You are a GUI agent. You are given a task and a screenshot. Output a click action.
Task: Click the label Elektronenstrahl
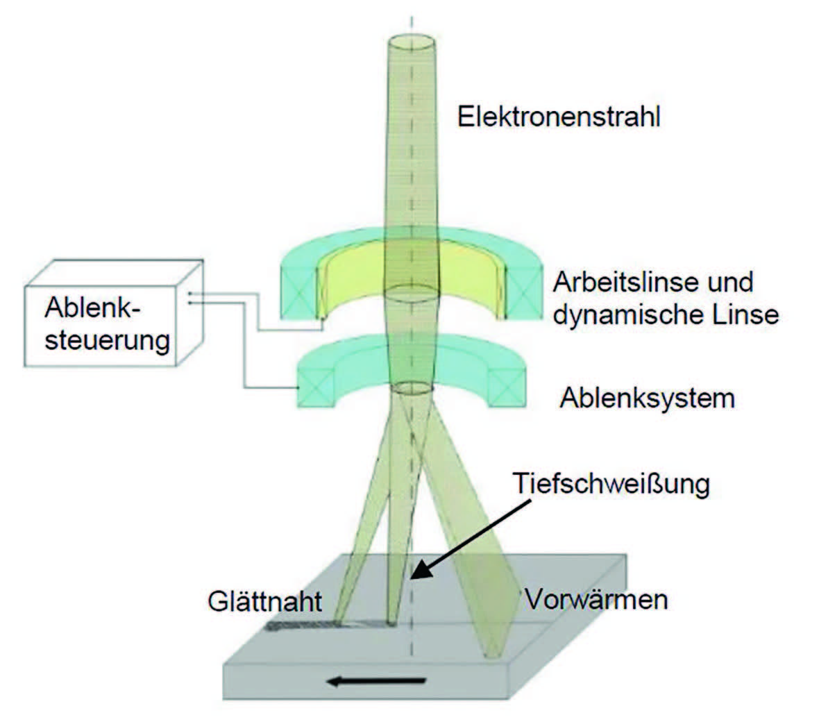click(x=559, y=117)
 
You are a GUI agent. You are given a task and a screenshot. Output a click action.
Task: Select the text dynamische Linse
click(x=666, y=315)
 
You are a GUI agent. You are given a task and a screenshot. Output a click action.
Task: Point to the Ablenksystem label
click(x=648, y=398)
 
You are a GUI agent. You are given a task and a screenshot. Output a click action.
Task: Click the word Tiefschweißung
click(x=611, y=483)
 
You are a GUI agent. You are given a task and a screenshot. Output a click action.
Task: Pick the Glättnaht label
click(x=265, y=601)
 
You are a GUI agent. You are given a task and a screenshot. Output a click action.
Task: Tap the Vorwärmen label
click(x=596, y=599)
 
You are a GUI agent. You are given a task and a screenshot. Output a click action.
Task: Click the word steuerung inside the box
click(x=107, y=341)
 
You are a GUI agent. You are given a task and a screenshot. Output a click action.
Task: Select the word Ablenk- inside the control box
click(x=92, y=307)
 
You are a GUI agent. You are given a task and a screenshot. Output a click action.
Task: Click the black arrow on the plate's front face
click(x=376, y=681)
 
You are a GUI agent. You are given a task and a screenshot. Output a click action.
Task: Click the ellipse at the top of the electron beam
click(x=412, y=42)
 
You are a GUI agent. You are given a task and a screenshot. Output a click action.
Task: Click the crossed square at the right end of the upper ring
click(x=524, y=292)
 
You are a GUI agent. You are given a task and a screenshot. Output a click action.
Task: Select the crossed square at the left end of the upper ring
click(x=299, y=292)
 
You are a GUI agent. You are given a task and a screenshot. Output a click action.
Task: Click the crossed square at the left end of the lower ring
click(x=316, y=387)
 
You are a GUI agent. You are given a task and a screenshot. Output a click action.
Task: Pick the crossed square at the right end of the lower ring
click(x=507, y=387)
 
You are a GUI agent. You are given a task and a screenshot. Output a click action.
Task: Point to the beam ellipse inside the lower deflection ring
click(x=413, y=387)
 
